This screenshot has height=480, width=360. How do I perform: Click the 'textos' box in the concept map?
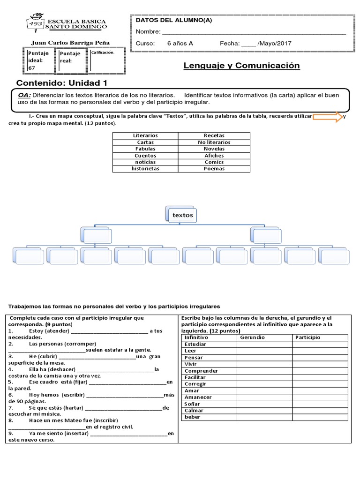click(182, 215)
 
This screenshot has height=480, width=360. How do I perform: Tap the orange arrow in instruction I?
click(328, 117)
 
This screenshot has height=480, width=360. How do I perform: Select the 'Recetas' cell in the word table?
click(214, 135)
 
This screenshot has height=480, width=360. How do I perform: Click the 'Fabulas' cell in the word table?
click(145, 149)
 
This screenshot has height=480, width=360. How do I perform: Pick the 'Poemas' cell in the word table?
click(214, 169)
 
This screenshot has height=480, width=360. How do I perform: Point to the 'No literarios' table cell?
click(214, 142)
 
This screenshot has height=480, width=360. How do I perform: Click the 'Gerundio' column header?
click(253, 337)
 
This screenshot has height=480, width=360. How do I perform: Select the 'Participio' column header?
click(308, 337)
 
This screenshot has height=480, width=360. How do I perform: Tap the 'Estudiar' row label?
click(195, 344)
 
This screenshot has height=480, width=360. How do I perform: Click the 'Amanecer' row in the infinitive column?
click(198, 397)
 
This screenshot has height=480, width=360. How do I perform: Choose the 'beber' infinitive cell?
click(192, 417)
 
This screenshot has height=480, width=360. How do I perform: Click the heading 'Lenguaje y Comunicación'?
click(241, 66)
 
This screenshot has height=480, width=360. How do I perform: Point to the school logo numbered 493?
click(36, 23)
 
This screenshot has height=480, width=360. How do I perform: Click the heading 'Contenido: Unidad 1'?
click(62, 83)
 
